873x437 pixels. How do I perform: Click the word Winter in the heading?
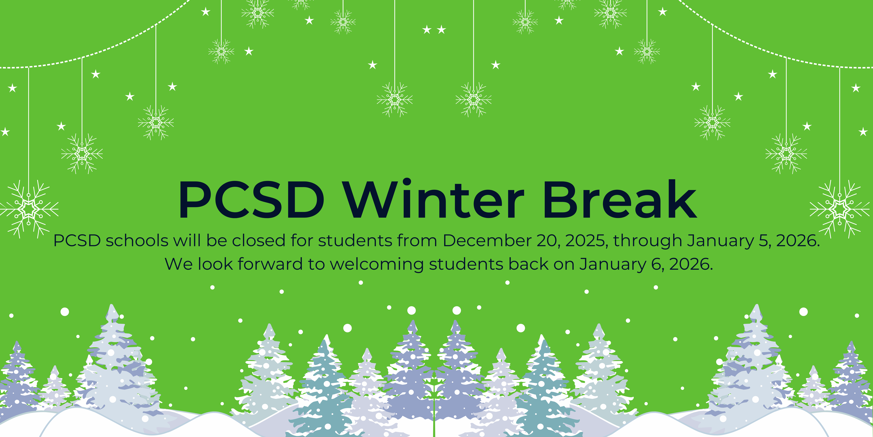point(434,200)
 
